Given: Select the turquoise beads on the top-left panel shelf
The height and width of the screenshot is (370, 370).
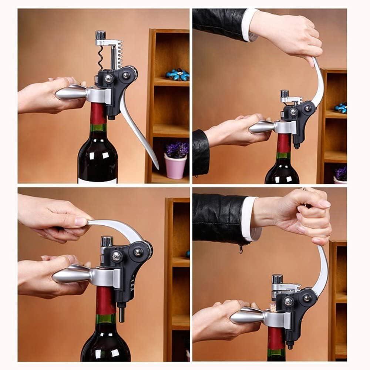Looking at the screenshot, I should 178,74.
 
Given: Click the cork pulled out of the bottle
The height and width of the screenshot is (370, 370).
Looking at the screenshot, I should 273,307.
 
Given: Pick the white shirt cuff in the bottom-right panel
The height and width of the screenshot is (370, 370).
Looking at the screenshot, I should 250,218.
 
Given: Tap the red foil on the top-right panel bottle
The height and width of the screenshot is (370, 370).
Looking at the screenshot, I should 284,142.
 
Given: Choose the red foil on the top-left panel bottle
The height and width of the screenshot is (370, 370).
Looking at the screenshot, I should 98,113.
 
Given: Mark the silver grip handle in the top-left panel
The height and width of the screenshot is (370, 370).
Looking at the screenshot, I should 72,92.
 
